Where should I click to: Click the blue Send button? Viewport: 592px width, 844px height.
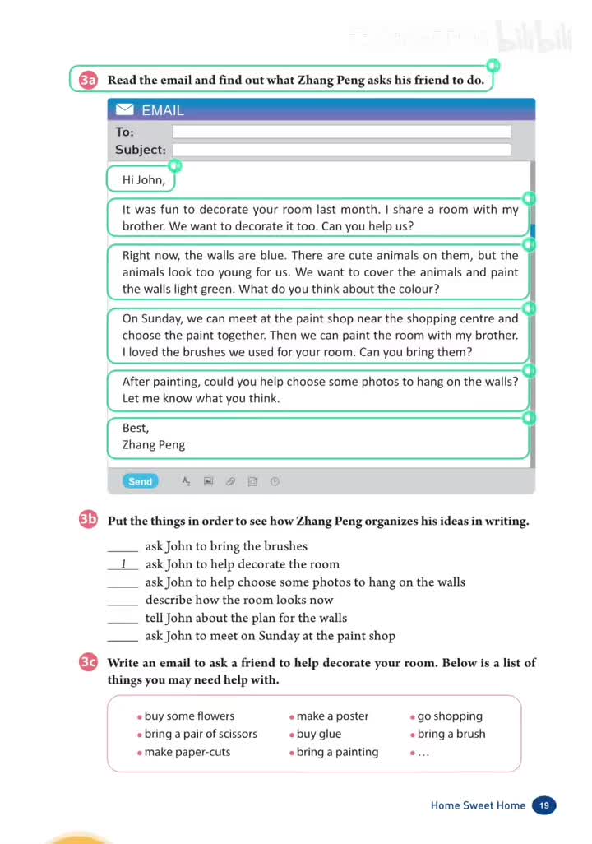(x=140, y=481)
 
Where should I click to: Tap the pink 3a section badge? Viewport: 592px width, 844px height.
(x=89, y=80)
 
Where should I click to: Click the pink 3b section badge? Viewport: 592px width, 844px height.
(x=89, y=520)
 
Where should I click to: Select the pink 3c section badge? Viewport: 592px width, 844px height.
(x=89, y=662)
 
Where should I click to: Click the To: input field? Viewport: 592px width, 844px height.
(x=341, y=132)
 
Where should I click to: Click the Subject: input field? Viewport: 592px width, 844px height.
(x=341, y=150)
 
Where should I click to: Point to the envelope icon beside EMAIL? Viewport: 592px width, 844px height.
(x=125, y=109)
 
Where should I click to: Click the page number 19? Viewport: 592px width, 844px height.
(x=544, y=805)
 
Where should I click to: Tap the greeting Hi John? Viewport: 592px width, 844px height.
(x=144, y=179)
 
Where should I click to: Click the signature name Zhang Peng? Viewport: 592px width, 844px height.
(x=154, y=444)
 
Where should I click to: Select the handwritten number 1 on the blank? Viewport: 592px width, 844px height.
(x=123, y=564)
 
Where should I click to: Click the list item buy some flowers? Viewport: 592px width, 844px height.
(x=189, y=716)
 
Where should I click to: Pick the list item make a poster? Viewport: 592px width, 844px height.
(x=332, y=716)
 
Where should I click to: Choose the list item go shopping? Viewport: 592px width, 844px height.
(x=450, y=716)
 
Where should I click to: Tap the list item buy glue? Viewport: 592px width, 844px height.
(x=319, y=734)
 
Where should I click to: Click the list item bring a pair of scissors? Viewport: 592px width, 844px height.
(x=201, y=734)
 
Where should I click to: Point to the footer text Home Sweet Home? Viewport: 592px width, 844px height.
(x=478, y=805)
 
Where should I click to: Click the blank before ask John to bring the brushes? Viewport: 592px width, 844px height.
(x=123, y=547)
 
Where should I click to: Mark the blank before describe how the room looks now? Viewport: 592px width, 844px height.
(x=123, y=601)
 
